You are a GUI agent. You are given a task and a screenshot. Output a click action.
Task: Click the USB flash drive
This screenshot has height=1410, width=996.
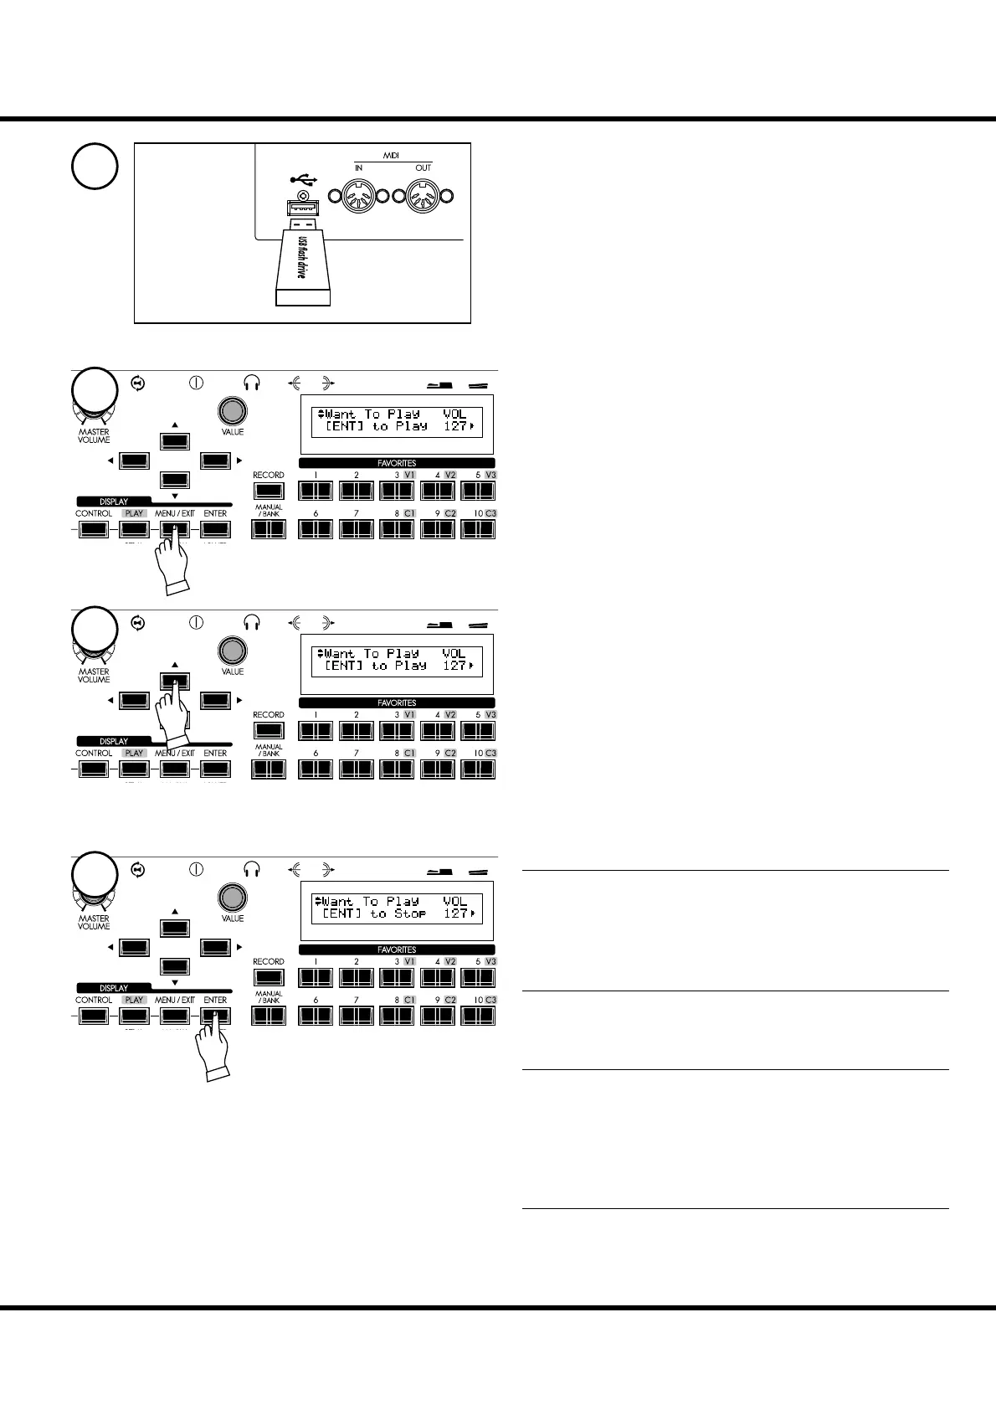pyautogui.click(x=303, y=261)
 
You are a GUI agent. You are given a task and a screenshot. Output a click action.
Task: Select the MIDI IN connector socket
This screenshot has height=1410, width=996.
pyautogui.click(x=359, y=198)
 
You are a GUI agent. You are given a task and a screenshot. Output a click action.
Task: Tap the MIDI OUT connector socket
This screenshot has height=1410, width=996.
pyautogui.click(x=424, y=198)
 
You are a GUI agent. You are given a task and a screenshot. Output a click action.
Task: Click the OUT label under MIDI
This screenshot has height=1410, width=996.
pyautogui.click(x=424, y=168)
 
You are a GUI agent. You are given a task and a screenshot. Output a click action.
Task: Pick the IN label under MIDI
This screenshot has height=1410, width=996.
pyautogui.click(x=359, y=168)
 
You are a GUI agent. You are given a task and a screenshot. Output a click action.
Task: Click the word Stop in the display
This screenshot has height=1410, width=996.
pyautogui.click(x=410, y=913)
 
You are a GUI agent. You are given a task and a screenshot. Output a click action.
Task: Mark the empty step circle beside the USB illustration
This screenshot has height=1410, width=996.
pyautogui.click(x=95, y=166)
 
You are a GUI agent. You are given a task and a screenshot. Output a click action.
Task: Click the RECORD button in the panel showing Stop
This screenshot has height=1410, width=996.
pyautogui.click(x=269, y=977)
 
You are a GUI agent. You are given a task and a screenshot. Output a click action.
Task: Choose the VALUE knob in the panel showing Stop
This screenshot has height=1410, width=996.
pyautogui.click(x=233, y=897)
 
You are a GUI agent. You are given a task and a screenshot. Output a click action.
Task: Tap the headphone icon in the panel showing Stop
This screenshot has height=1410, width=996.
pyautogui.click(x=252, y=870)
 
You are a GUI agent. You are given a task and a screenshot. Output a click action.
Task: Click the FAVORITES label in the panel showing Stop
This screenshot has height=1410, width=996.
pyautogui.click(x=397, y=949)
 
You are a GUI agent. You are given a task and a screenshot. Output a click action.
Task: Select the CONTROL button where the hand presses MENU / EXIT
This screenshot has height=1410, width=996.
pyautogui.click(x=94, y=529)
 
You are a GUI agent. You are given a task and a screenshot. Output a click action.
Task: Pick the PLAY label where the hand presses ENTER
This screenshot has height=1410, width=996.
pyautogui.click(x=134, y=1000)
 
